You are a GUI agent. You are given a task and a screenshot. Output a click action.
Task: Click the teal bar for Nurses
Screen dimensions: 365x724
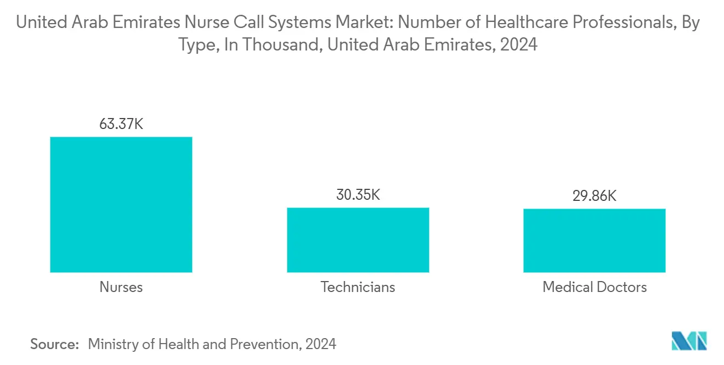click(121, 204)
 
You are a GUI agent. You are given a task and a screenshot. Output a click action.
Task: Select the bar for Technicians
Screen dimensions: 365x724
click(358, 240)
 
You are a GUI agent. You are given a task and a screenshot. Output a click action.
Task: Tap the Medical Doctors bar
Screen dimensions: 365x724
click(595, 240)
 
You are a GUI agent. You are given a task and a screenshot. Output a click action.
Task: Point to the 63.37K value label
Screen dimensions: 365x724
click(121, 124)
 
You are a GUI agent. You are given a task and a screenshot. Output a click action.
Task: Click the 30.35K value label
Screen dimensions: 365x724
click(358, 195)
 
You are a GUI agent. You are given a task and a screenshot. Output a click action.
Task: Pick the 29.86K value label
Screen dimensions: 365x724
click(595, 196)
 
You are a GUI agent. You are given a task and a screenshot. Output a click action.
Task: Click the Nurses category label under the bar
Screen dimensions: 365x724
click(121, 287)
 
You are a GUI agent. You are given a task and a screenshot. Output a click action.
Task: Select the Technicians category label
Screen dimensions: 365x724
click(358, 287)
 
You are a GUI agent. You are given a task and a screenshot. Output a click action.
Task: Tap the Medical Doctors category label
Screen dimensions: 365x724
click(595, 287)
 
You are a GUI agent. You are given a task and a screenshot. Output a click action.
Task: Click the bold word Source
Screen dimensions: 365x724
click(54, 344)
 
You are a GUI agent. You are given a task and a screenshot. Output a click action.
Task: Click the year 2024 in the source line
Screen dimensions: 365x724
click(320, 344)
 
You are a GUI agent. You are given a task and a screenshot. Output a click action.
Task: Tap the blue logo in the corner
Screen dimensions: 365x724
click(689, 341)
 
